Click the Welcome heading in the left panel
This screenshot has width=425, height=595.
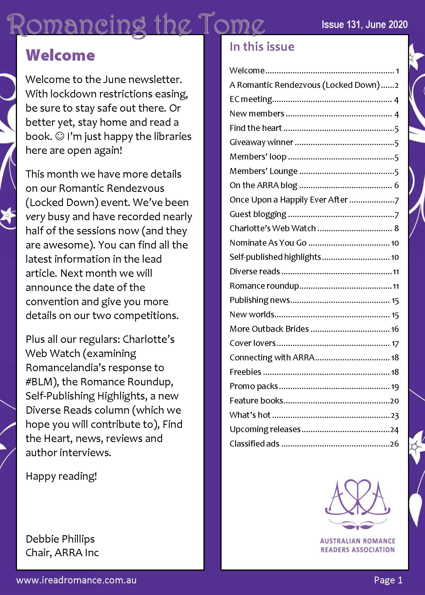(x=60, y=55)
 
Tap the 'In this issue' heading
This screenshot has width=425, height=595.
(x=262, y=47)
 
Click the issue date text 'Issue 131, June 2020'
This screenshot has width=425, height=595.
(x=364, y=25)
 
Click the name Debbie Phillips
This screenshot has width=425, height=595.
(x=60, y=539)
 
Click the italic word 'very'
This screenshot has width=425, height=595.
(x=35, y=217)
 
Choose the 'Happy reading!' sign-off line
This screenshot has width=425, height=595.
(x=61, y=476)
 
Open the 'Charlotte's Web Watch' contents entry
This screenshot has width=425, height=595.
(x=273, y=228)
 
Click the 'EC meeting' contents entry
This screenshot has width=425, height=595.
(x=250, y=99)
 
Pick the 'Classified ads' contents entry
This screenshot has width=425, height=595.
(x=254, y=444)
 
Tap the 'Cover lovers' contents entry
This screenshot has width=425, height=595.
(x=252, y=343)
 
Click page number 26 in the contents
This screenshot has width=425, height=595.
(x=394, y=444)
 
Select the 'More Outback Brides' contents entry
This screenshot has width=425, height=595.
(x=269, y=329)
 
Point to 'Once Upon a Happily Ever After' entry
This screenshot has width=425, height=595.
(x=288, y=200)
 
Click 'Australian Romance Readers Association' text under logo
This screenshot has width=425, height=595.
(x=358, y=545)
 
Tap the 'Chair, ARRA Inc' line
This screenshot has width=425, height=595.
(x=62, y=552)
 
